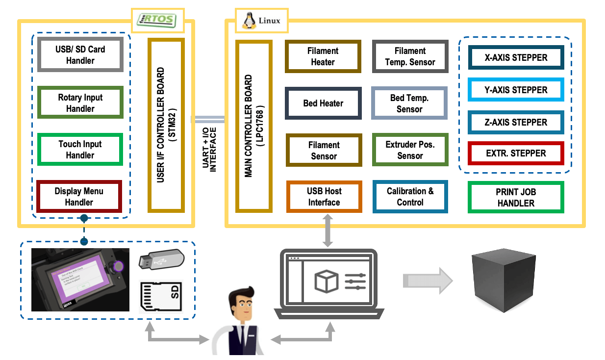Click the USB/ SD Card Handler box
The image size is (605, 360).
click(x=80, y=55)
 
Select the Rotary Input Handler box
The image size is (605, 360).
click(x=80, y=103)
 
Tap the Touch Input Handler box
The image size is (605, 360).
click(x=80, y=150)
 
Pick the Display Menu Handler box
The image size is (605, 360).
click(x=79, y=196)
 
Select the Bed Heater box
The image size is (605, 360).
click(x=323, y=103)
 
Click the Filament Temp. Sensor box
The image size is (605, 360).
click(x=410, y=56)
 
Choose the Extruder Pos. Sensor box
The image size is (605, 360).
click(x=410, y=150)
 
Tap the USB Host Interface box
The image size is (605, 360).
click(x=324, y=197)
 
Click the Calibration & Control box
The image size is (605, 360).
click(x=410, y=197)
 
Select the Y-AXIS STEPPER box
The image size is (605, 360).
click(x=516, y=90)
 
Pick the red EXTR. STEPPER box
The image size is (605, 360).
click(x=516, y=153)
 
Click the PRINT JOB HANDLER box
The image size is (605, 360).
click(x=516, y=197)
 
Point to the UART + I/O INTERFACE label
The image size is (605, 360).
click(x=209, y=150)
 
